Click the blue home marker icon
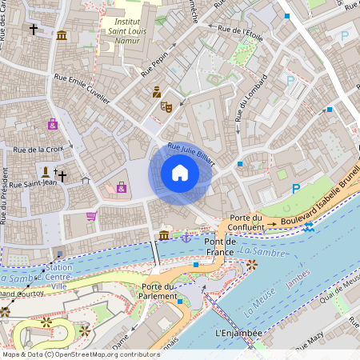[180, 173]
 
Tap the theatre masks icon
[166, 106]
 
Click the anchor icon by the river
[186, 237]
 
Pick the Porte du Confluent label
[246, 222]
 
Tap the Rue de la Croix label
[38, 150]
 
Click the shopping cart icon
[91, 216]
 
